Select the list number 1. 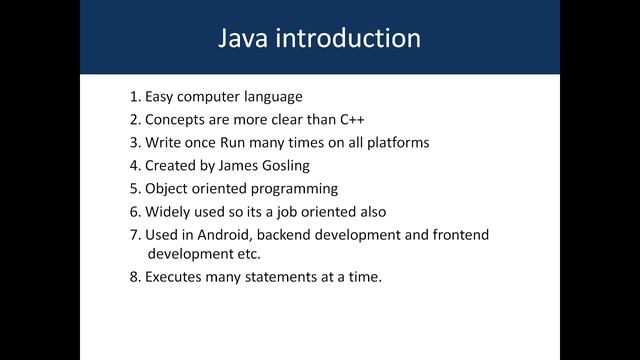click(134, 97)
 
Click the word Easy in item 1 click(160, 97)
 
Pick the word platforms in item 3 click(398, 143)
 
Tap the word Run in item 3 click(248, 143)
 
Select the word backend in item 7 click(296, 234)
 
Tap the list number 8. click(134, 277)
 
